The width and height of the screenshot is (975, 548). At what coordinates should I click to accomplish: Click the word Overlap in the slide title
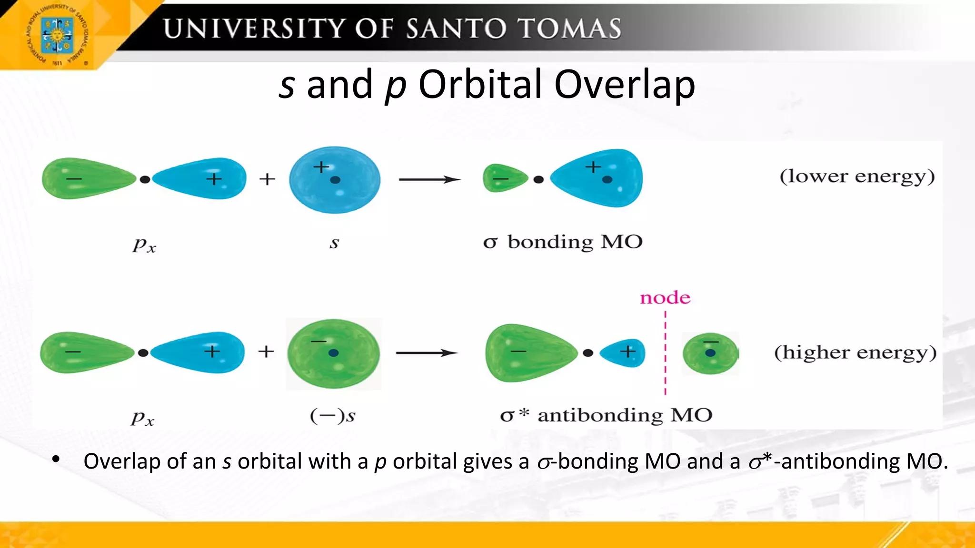click(624, 85)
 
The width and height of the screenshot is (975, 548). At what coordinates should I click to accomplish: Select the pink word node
click(665, 298)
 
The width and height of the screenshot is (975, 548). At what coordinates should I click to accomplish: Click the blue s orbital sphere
click(335, 180)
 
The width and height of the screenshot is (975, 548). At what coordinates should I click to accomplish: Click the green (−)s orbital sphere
click(334, 354)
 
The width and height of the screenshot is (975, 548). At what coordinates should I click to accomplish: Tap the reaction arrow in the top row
click(429, 179)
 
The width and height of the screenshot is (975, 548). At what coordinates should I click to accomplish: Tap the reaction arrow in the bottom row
click(427, 352)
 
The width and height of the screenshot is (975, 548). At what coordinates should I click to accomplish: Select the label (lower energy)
click(857, 176)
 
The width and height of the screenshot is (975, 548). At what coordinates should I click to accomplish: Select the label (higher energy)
click(855, 353)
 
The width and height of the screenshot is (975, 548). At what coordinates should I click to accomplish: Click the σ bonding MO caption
click(563, 242)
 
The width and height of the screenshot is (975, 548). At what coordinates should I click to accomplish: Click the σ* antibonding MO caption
click(606, 415)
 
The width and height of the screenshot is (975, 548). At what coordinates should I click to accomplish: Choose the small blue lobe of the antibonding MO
click(623, 353)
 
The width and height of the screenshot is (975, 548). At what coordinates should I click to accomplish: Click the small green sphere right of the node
click(710, 353)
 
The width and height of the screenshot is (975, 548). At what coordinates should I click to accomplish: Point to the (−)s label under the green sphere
click(333, 416)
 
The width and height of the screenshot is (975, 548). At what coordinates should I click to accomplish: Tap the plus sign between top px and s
click(267, 179)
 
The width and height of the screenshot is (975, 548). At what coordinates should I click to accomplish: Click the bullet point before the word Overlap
click(56, 460)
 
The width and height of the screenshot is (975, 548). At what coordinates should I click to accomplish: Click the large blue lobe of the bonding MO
click(600, 178)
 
